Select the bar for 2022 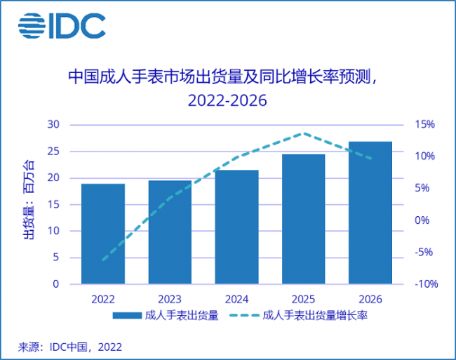pos(103,234)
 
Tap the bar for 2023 pos(170,232)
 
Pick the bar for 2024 pos(236,227)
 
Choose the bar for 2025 pos(303,219)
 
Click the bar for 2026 pos(370,213)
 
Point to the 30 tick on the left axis pos(54,124)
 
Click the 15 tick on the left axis pos(54,204)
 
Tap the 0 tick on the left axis pos(57,284)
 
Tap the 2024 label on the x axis pos(236,298)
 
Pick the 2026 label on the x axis pos(370,298)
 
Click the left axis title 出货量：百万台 pos(28,200)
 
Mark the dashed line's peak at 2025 pos(303,133)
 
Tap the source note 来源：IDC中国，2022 pos(70,347)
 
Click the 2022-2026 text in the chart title pos(228,100)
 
